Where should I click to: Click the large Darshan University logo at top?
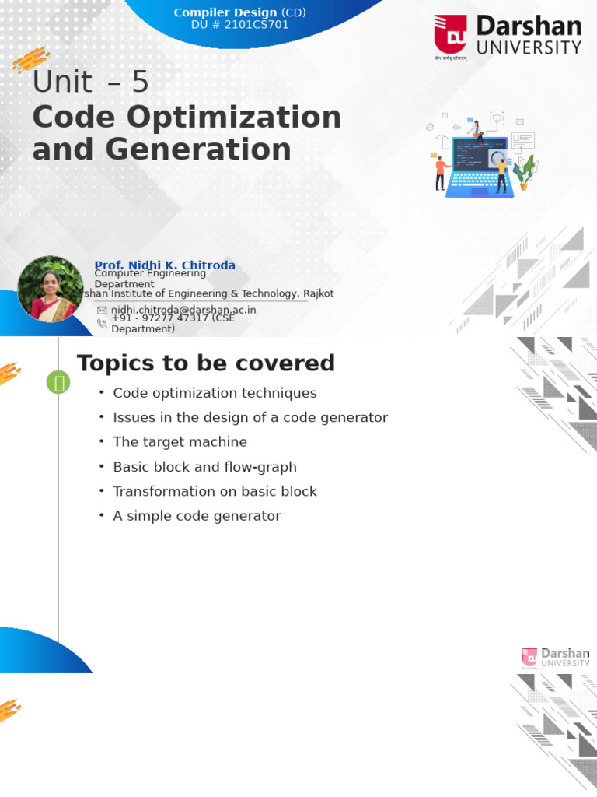coord(508,36)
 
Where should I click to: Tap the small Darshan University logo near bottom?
coord(556,657)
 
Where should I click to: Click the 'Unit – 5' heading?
coord(90,83)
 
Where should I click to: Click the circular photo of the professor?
coord(50,289)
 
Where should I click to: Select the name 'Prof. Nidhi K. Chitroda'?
coord(165,265)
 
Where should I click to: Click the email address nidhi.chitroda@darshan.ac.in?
coord(183,310)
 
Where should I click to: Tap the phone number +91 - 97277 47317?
coord(173,318)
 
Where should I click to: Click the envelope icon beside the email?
coord(102,311)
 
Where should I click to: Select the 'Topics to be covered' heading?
coord(205,363)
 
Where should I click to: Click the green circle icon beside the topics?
coord(58,382)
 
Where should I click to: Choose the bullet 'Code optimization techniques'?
coord(215,393)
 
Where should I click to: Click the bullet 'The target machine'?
coord(180,442)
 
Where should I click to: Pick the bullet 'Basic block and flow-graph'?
coord(204,467)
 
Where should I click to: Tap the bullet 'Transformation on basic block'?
coord(215,491)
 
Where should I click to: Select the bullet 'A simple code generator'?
coord(197,516)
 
